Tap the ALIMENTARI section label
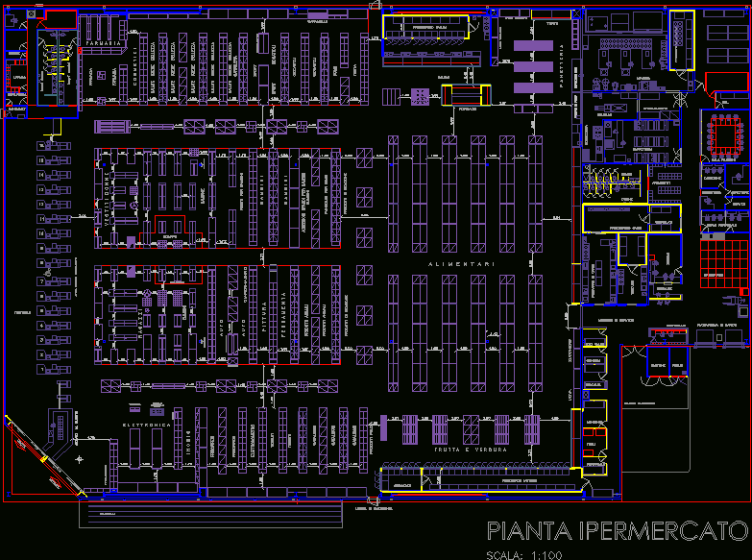(x=462, y=265)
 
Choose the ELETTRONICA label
(x=147, y=424)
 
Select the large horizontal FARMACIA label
(x=103, y=44)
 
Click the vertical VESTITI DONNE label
(x=108, y=199)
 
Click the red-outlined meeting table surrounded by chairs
(x=725, y=134)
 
